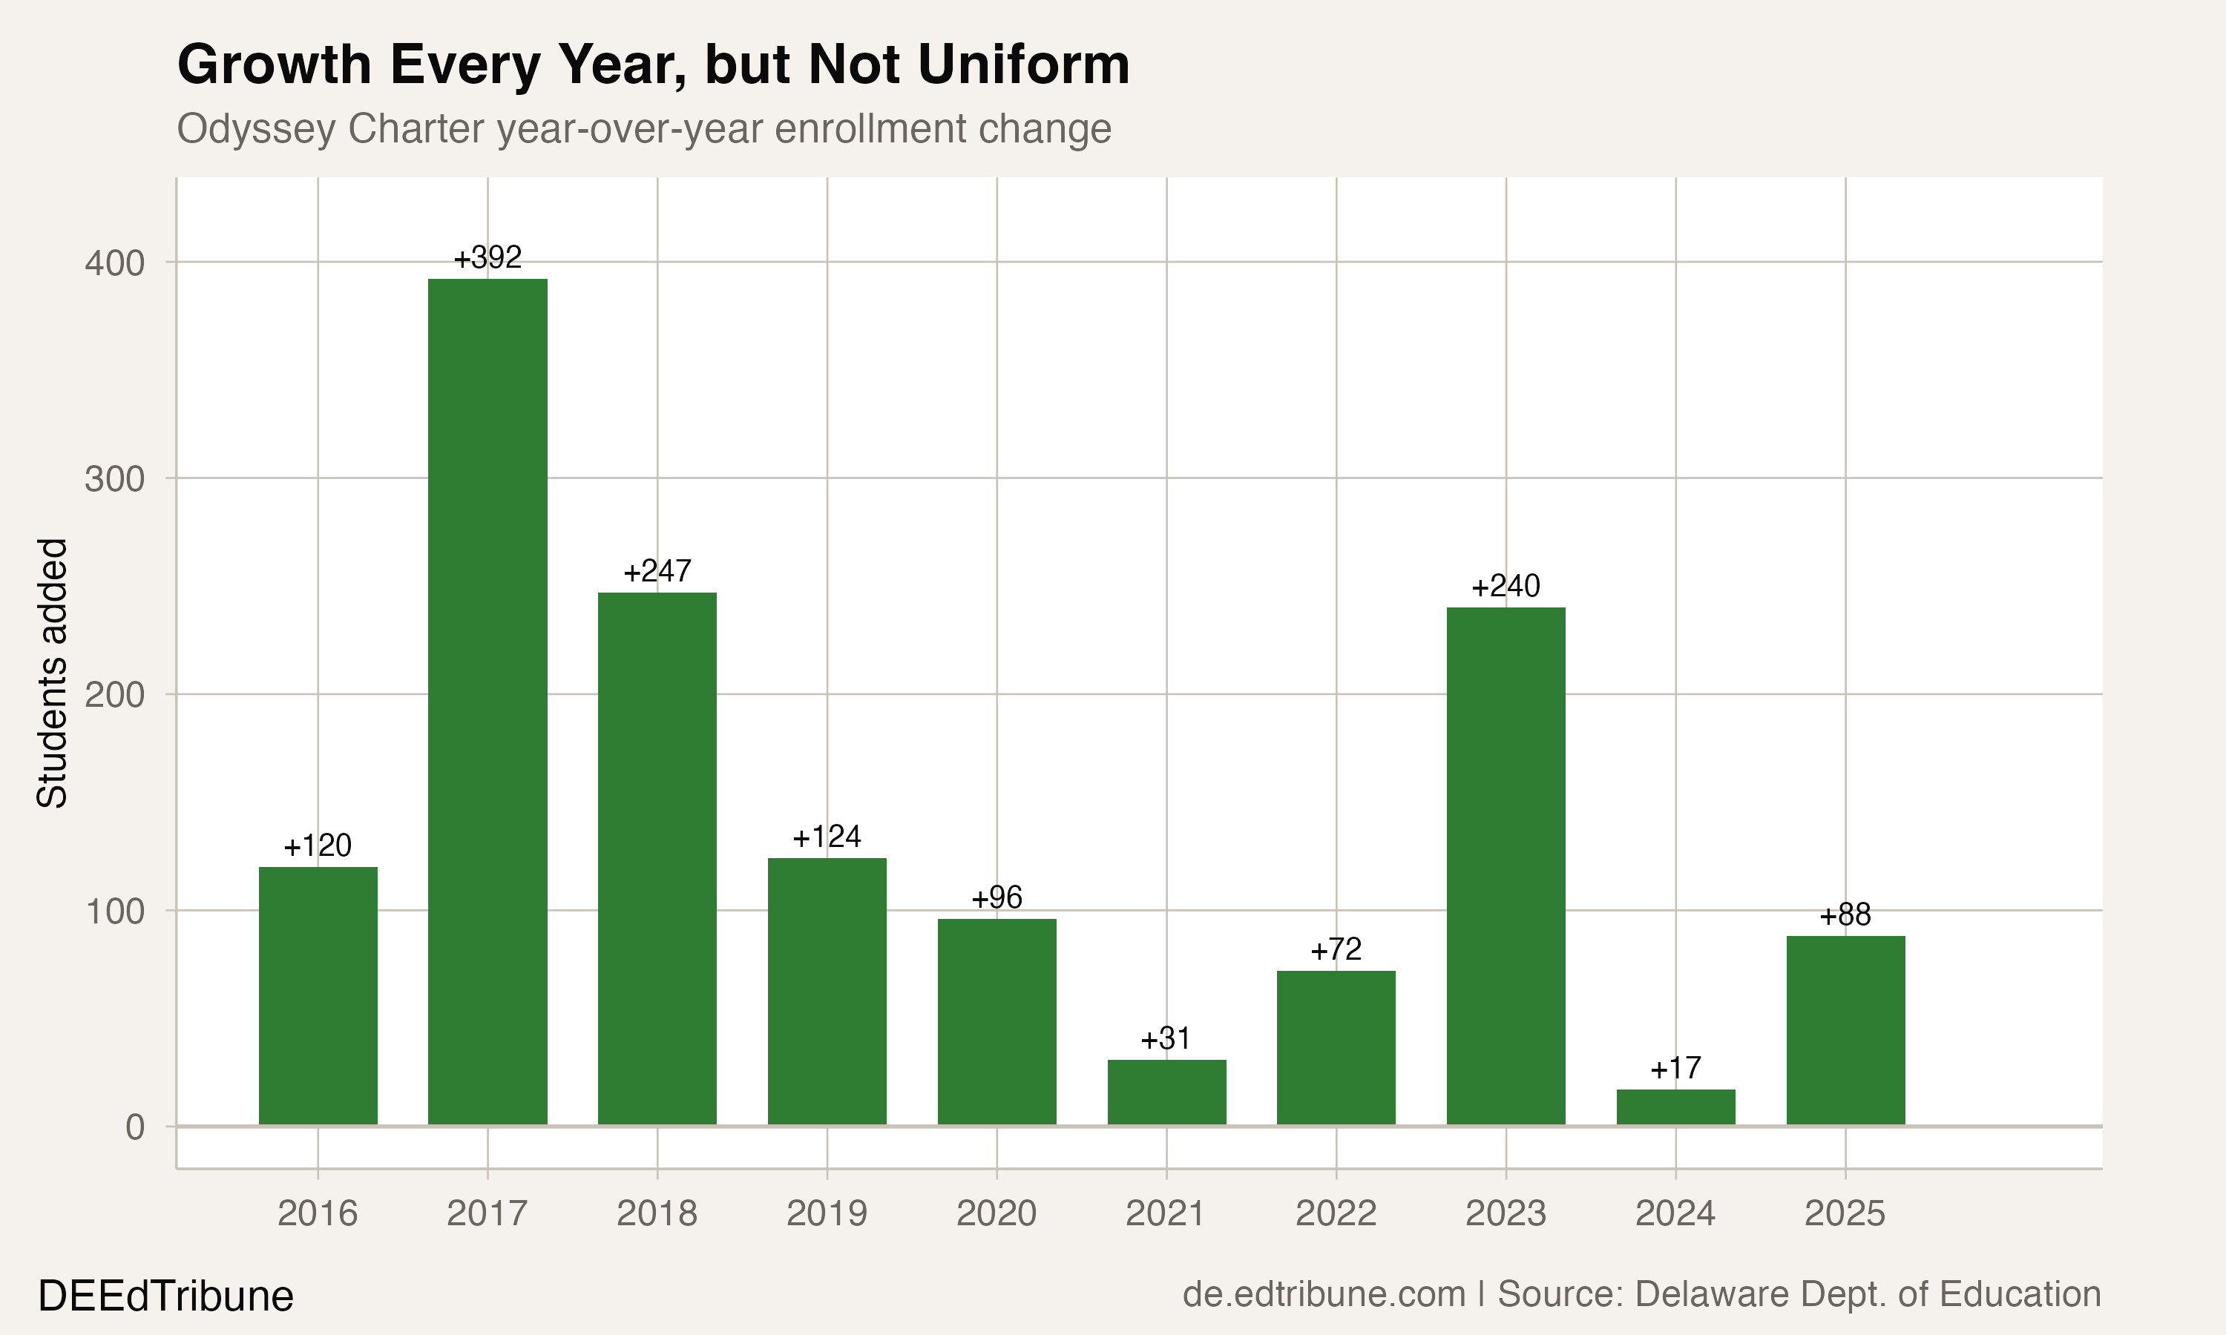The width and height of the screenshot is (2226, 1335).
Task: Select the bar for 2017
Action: coord(487,702)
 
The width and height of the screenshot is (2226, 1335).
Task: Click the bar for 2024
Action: coord(1675,1107)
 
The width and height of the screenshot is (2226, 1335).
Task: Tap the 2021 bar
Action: coord(1166,1092)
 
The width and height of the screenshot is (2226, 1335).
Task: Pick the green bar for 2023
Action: coord(1506,866)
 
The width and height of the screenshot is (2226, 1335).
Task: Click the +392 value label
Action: coord(487,258)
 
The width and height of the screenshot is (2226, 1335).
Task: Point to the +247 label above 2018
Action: coord(657,571)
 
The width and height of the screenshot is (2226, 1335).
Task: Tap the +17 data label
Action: coord(1675,1069)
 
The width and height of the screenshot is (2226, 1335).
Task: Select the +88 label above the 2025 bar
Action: coord(1845,915)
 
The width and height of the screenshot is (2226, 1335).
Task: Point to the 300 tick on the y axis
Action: coord(114,479)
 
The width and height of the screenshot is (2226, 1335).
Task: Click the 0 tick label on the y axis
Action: coord(135,1127)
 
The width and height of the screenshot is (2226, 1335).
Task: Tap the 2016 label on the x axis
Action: coord(318,1213)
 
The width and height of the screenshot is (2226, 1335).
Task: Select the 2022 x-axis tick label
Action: coord(1336,1213)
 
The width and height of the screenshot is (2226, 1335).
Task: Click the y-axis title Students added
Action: coord(52,673)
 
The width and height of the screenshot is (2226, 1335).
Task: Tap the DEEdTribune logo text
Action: coord(165,1296)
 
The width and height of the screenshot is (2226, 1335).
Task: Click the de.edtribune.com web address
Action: coord(1324,1294)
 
